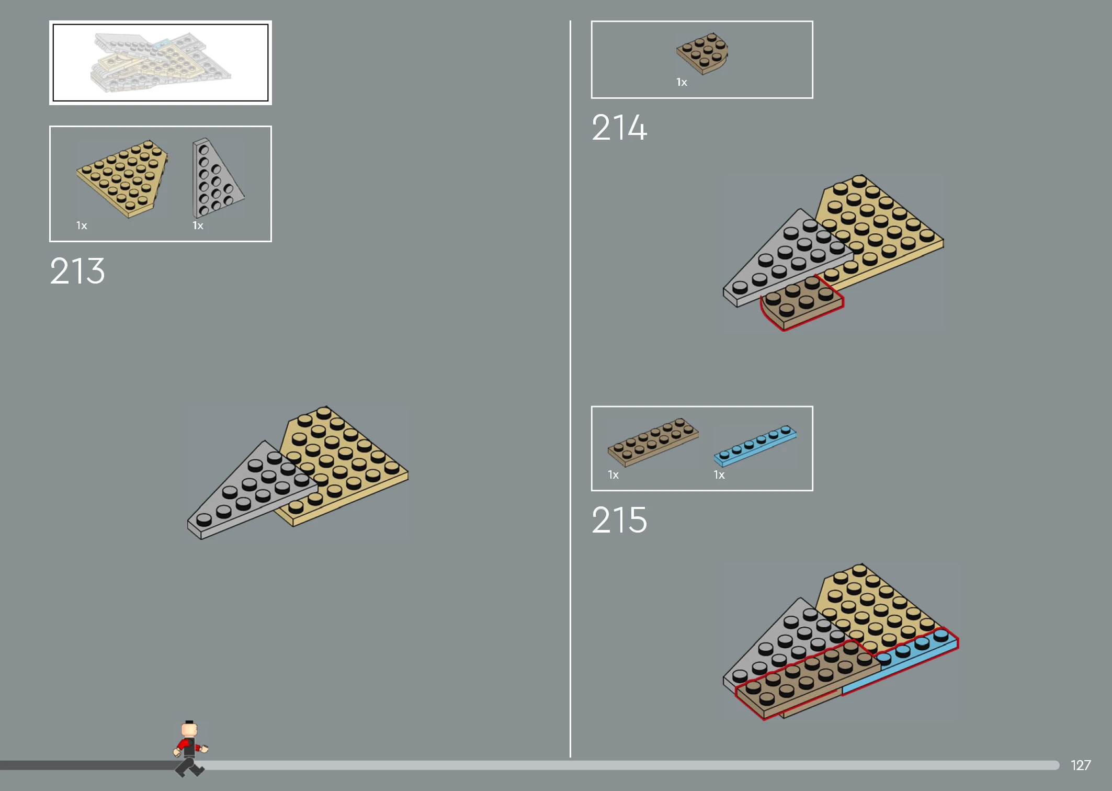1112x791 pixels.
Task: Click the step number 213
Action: pyautogui.click(x=77, y=271)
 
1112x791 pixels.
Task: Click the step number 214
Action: pyautogui.click(x=619, y=128)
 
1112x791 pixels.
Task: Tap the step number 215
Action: pyautogui.click(x=619, y=520)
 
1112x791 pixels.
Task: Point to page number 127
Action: pyautogui.click(x=1081, y=765)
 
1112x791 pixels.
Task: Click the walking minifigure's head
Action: pyautogui.click(x=189, y=728)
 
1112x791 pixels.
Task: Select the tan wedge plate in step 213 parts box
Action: pyautogui.click(x=122, y=178)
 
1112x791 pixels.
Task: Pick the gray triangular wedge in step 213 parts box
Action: pyautogui.click(x=216, y=178)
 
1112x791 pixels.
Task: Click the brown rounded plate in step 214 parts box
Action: pyautogui.click(x=702, y=53)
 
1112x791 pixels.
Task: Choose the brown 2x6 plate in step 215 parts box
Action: pyautogui.click(x=653, y=442)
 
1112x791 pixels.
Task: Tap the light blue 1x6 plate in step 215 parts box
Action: pyautogui.click(x=755, y=446)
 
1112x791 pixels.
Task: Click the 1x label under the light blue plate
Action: pyautogui.click(x=719, y=475)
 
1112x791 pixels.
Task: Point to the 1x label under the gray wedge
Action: pyautogui.click(x=198, y=225)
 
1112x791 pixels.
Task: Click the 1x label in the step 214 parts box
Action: pyautogui.click(x=682, y=82)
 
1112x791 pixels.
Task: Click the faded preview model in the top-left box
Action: pyautogui.click(x=161, y=63)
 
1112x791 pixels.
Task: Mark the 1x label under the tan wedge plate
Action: pyautogui.click(x=82, y=225)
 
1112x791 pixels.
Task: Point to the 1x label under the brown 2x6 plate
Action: pyautogui.click(x=613, y=475)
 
